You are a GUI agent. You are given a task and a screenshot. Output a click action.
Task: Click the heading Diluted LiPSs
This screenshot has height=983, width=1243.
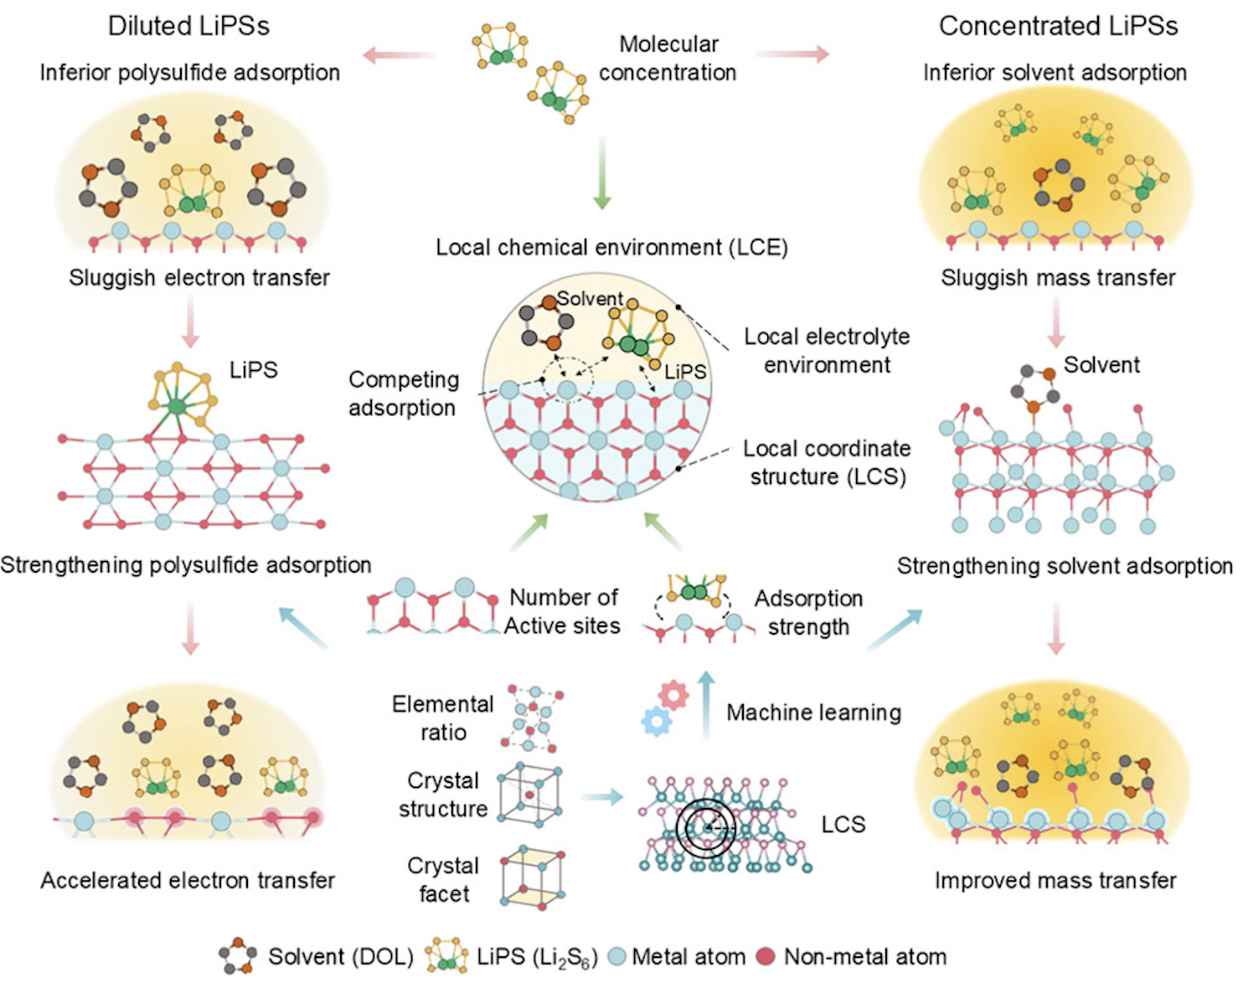coord(188,26)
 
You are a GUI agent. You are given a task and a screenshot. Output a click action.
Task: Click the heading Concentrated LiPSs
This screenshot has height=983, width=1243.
coord(1058,26)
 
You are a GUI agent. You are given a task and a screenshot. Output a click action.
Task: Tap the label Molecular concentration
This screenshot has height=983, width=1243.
coord(668,58)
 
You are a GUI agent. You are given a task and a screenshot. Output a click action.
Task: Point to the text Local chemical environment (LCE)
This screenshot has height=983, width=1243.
coord(611,248)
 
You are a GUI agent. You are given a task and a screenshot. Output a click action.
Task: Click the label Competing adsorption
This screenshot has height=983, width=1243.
coord(403,394)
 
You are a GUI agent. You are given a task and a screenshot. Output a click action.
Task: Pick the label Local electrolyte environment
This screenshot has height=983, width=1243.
coord(827,351)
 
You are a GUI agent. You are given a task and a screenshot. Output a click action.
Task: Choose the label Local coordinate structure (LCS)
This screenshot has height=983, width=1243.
coord(827,462)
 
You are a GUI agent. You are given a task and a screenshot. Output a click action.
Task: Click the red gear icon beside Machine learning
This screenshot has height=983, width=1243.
coord(673,694)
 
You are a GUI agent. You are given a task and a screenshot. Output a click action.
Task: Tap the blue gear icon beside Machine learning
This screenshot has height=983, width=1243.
coord(656,721)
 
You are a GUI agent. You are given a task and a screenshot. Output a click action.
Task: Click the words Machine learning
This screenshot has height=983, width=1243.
coord(813,713)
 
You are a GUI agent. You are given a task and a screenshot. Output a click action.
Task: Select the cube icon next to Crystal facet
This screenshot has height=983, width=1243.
coord(531,877)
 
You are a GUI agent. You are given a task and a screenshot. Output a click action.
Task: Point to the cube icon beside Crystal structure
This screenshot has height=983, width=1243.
coord(530,795)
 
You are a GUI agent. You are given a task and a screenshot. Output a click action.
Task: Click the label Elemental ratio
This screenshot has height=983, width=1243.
coord(442,718)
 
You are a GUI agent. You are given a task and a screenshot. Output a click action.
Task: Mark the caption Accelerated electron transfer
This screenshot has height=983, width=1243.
coord(188,881)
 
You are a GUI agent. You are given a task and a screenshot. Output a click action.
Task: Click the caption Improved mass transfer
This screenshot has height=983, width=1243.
coord(1055,881)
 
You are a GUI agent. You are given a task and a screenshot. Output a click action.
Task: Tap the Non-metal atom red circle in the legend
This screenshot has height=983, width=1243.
coord(766,956)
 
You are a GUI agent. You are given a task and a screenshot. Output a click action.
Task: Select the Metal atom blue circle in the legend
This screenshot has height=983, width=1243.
coord(616,956)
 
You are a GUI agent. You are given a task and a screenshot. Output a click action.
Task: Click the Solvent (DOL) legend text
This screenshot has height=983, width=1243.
coord(340,956)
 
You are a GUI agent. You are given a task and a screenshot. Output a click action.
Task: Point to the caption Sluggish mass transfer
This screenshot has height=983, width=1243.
coord(1058,278)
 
